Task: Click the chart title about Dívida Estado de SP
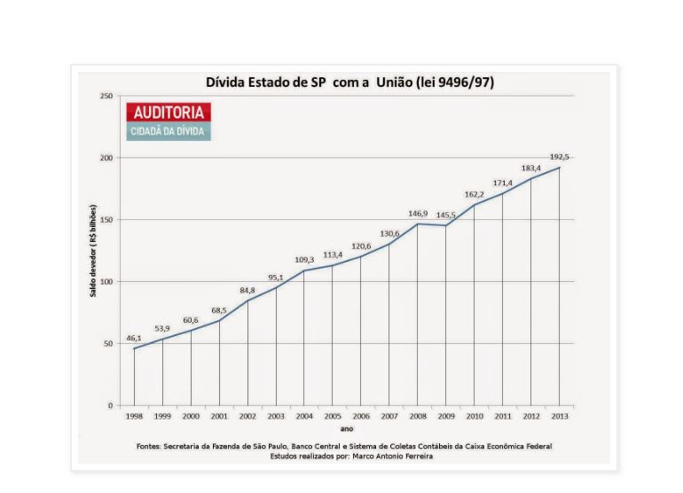[x=349, y=82]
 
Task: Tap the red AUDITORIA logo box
[x=169, y=113]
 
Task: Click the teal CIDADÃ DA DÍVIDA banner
[x=169, y=131]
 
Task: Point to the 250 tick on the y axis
[x=106, y=96]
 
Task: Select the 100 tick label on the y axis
[x=106, y=282]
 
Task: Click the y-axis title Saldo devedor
[x=92, y=251]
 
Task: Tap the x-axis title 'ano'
[x=347, y=428]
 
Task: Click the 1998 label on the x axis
[x=134, y=416]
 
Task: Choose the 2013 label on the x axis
[x=559, y=416]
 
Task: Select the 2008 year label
[x=417, y=416]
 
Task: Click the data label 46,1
[x=134, y=339]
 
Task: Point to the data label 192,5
[x=558, y=157]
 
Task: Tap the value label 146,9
[x=418, y=214]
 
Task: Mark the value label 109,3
[x=304, y=260]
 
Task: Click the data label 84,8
[x=247, y=290]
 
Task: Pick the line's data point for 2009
[x=445, y=225]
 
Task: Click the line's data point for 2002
[x=247, y=301]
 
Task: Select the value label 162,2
[x=475, y=194]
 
